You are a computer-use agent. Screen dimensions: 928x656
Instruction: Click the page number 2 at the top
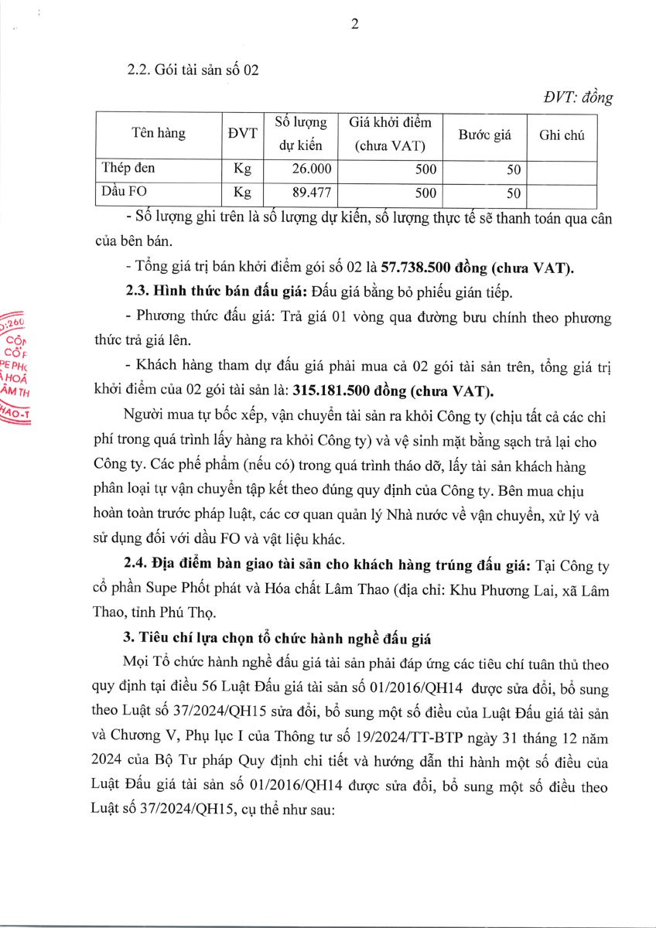click(355, 24)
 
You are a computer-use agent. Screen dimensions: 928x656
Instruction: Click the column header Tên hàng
click(159, 134)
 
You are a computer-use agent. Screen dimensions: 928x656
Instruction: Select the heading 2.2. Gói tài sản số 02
click(193, 70)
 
